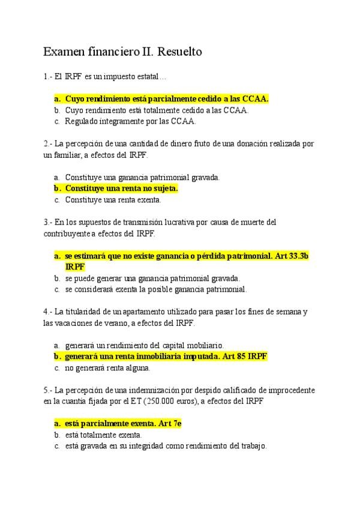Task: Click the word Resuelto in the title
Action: (178, 52)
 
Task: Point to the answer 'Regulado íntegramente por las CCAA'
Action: (130, 121)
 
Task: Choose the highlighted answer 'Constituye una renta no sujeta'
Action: (121, 188)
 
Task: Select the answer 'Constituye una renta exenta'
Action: (113, 200)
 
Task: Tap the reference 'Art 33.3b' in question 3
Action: (291, 256)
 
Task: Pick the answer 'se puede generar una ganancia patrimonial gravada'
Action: (152, 279)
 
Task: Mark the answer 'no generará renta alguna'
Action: (107, 368)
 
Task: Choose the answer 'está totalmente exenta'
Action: (103, 435)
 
